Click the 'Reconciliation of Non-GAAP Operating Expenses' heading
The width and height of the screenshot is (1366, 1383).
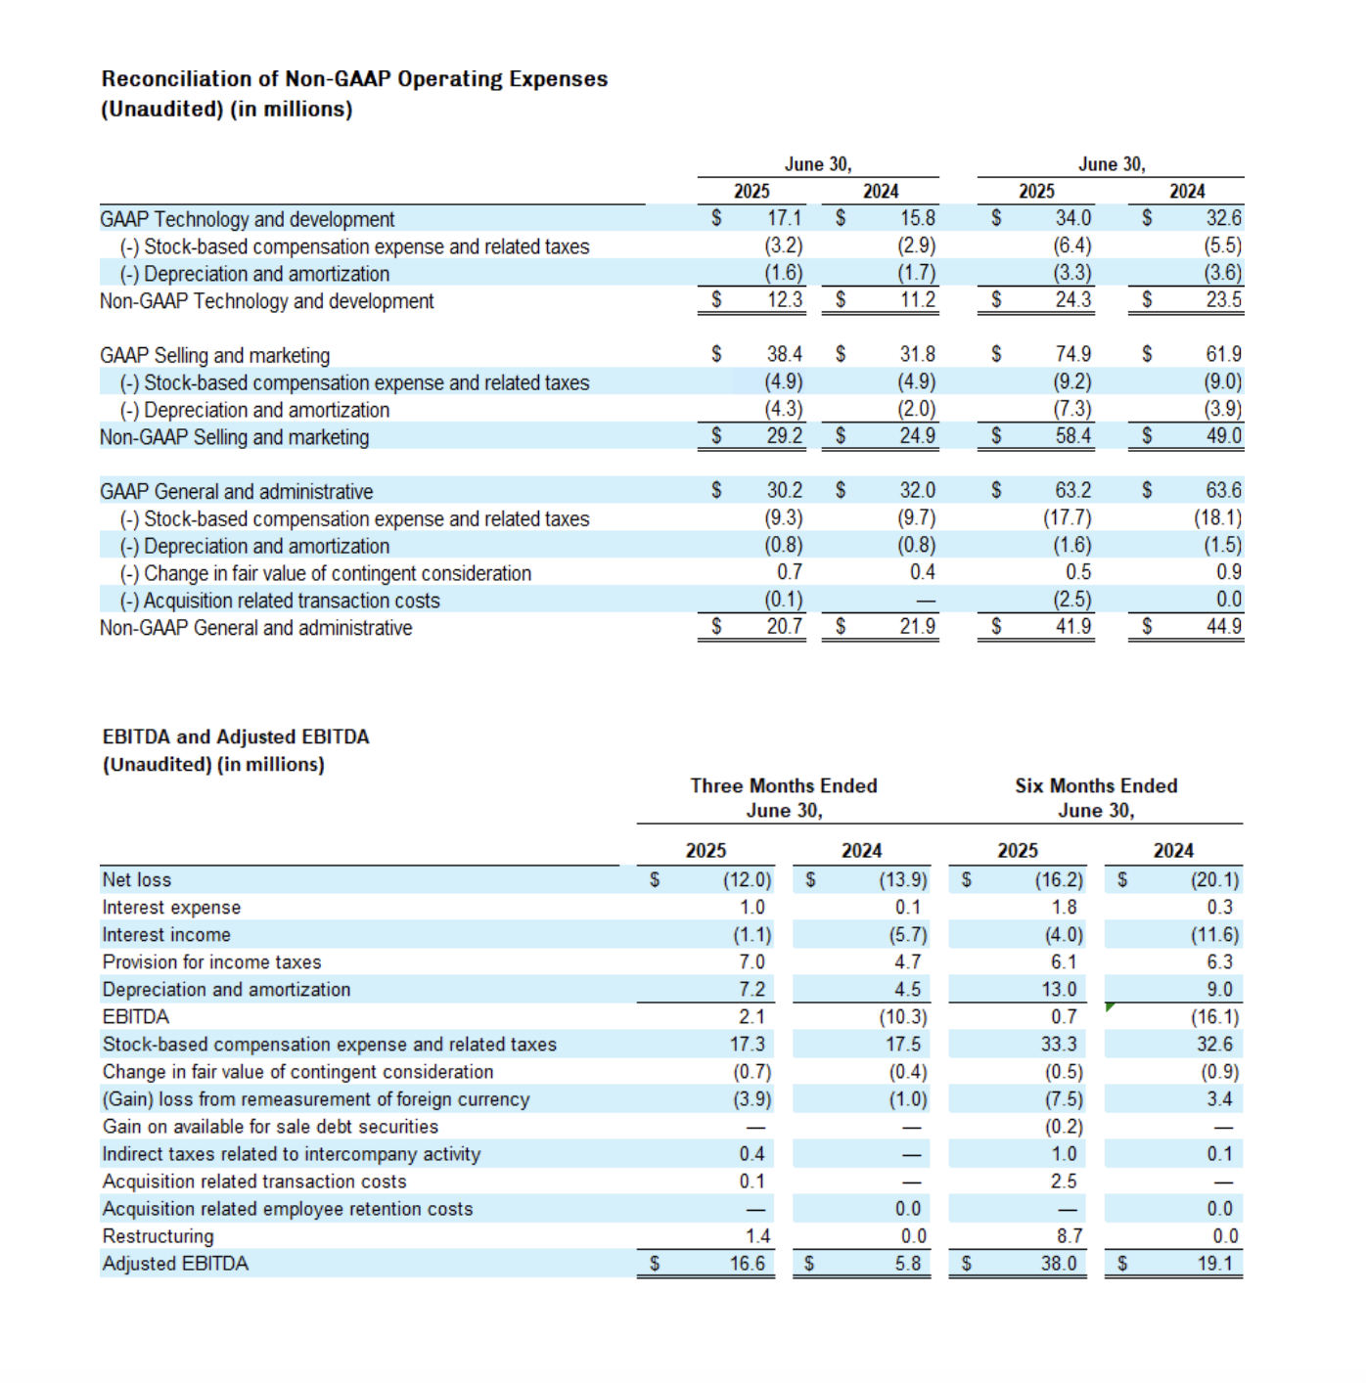[x=354, y=79]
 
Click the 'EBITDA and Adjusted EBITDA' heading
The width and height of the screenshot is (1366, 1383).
[x=236, y=736]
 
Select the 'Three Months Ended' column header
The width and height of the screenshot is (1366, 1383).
[x=783, y=785]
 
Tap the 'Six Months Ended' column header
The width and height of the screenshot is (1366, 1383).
[x=1096, y=785]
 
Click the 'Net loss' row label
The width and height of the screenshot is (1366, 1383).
[x=137, y=880]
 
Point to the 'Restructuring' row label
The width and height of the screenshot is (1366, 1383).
[x=158, y=1236]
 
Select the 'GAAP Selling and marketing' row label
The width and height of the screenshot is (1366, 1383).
[x=214, y=355]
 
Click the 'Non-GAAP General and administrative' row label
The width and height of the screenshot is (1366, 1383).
[x=255, y=628]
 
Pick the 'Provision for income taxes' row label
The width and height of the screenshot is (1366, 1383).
[x=211, y=962]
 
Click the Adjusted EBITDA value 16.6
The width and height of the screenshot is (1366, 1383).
[x=748, y=1264]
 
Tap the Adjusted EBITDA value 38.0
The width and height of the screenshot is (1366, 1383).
[x=1059, y=1264]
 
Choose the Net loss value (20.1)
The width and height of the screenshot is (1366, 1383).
[x=1214, y=880]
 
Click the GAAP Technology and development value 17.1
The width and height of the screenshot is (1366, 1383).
[x=784, y=218]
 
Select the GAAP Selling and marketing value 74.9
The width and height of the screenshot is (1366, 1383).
[x=1072, y=354]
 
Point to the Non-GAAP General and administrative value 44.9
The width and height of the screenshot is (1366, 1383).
[x=1223, y=626]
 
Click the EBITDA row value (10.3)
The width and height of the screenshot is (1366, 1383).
[x=902, y=1017]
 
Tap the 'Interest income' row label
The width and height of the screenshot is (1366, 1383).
[x=166, y=935]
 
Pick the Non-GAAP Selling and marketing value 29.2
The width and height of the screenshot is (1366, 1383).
[x=784, y=436]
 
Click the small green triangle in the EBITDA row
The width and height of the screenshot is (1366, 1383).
[x=1110, y=1006]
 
